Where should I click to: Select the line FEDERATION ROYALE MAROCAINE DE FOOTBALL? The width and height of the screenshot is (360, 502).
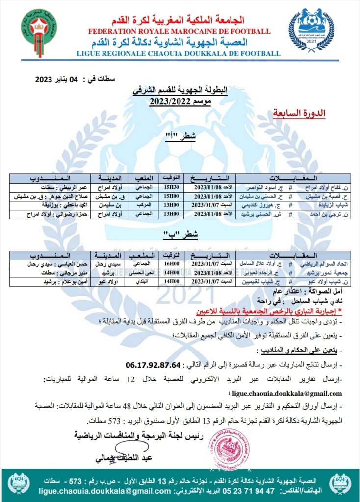coord(179,31)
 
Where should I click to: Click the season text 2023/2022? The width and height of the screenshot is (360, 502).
coord(179,102)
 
